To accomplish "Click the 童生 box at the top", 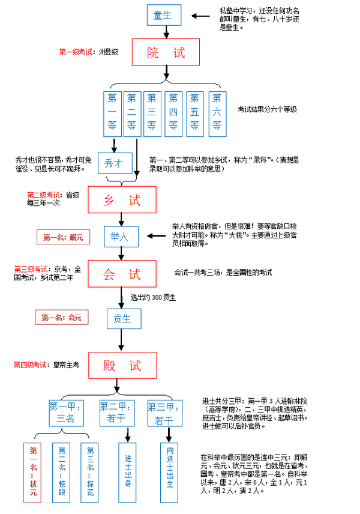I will [x=163, y=15].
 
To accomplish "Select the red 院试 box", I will [x=165, y=52].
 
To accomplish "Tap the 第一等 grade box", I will [x=112, y=113].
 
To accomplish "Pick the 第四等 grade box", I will [x=173, y=113].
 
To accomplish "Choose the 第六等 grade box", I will [x=217, y=113].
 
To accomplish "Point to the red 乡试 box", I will [x=122, y=199].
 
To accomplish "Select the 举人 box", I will [x=121, y=237].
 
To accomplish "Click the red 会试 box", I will [x=122, y=274].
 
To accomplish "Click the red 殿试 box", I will [x=122, y=364].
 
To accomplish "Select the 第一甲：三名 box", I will [x=65, y=413].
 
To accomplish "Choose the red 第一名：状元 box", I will [x=33, y=471].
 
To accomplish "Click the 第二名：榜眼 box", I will [x=62, y=471].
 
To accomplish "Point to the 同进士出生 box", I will [x=170, y=471].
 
